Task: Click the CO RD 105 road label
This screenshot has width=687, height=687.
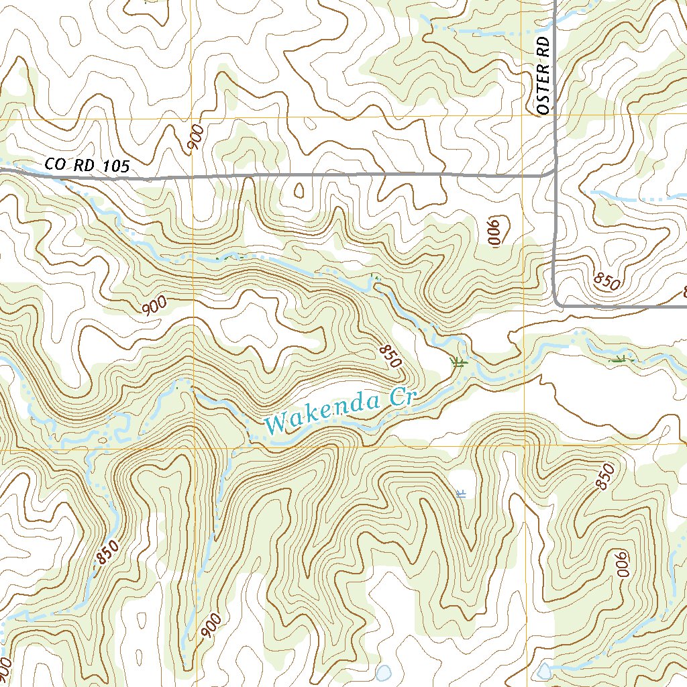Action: (87, 165)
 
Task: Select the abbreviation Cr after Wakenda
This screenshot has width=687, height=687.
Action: (403, 399)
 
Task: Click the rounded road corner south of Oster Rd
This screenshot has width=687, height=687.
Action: (558, 302)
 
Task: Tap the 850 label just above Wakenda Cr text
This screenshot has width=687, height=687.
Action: (390, 356)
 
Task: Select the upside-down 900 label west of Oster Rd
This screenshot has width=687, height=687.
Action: (495, 232)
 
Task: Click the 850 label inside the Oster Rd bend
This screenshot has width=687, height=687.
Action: (607, 281)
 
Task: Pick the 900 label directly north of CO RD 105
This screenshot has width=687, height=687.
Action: (195, 138)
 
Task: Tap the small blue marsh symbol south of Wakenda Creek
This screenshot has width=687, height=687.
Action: (461, 494)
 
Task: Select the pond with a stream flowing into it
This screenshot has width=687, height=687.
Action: (544, 669)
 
